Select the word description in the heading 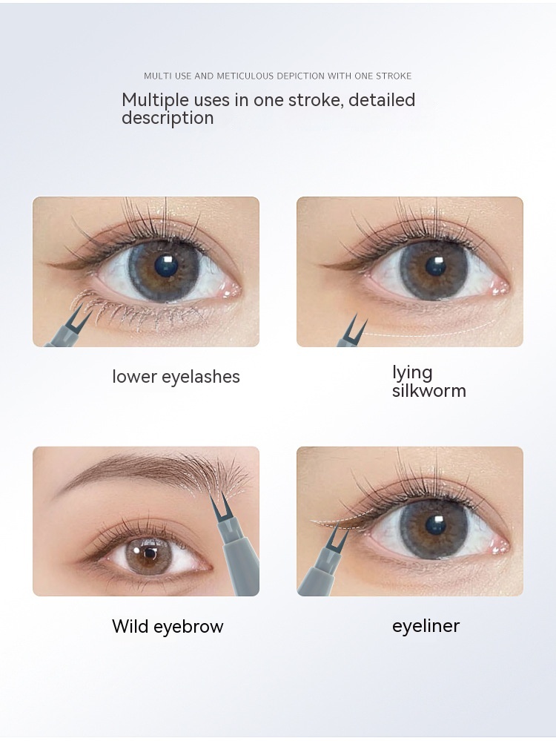point(168,119)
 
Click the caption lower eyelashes point(176,377)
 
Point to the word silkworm point(429,391)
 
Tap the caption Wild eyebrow point(168,626)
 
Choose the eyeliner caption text point(426,626)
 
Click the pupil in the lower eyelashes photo point(167,266)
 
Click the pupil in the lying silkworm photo point(435,266)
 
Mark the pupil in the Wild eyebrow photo point(149,553)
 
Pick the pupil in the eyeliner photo point(434,525)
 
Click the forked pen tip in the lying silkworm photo point(352,327)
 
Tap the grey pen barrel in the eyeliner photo point(319,572)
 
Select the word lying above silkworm point(412,373)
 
